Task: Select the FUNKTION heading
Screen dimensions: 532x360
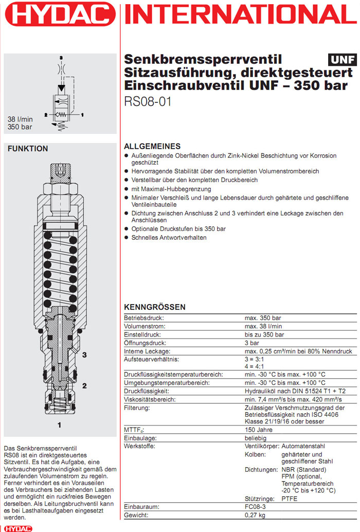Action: pos(28,149)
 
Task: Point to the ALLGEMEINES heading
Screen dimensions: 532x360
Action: pos(152,146)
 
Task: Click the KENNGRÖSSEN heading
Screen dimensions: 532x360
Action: pos(155,307)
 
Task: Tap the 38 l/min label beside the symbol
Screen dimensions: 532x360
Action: pos(20,119)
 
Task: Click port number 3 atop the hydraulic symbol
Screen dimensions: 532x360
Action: pos(61,57)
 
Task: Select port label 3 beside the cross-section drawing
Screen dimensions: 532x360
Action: pos(84,355)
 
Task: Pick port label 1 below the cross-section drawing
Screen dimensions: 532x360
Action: pos(60,425)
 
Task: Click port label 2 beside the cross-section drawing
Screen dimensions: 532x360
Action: pos(84,385)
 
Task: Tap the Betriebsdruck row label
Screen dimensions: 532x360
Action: pos(143,318)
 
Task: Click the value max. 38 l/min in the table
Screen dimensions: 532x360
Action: pos(263,326)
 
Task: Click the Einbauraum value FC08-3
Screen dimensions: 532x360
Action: pos(255,507)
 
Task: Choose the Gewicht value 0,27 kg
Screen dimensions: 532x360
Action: pos(255,515)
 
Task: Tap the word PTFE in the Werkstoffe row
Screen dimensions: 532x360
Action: pos(289,499)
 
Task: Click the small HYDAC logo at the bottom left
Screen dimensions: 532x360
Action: pos(17,528)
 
